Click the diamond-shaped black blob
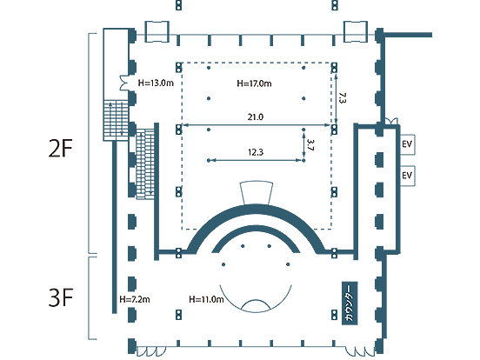click(x=156, y=83)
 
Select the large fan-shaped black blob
click(x=253, y=92)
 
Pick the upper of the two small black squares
click(x=406, y=143)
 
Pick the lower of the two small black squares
click(x=406, y=175)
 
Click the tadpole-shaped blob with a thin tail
click(x=143, y=298)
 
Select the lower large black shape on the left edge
click(x=63, y=292)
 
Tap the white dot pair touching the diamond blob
click(x=178, y=67)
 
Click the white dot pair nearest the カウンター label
click(x=334, y=315)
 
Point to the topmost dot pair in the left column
click(x=178, y=6)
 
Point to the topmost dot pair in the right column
click(x=334, y=6)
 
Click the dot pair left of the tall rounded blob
click(x=334, y=67)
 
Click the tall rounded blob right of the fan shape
click(x=348, y=97)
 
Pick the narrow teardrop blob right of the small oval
click(x=314, y=144)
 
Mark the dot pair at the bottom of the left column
click(x=178, y=315)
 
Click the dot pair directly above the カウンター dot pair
click(x=334, y=253)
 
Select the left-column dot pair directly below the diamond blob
click(x=178, y=130)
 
